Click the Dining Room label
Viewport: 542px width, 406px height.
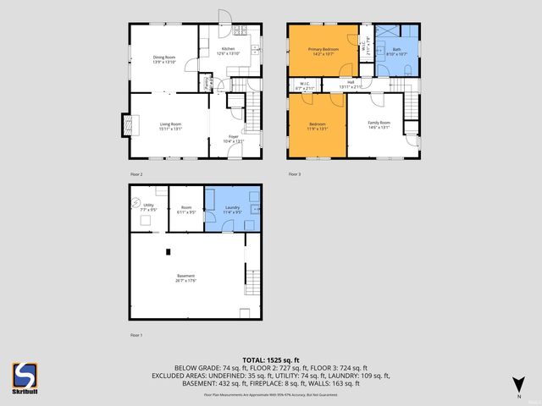click(163, 58)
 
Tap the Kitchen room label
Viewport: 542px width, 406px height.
click(229, 49)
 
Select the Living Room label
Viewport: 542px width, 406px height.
click(171, 124)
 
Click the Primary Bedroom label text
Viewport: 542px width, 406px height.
click(323, 50)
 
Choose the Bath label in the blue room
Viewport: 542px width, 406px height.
click(396, 50)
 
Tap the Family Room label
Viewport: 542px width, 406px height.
click(378, 123)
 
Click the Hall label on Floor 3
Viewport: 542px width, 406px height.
click(350, 83)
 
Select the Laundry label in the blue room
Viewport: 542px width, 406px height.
click(231, 207)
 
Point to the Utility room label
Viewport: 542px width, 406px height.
click(148, 205)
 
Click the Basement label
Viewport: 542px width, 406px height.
click(186, 277)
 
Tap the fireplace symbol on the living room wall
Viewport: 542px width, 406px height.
click(130, 124)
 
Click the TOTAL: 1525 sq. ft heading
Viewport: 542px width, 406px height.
click(271, 359)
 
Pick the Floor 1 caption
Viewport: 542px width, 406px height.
click(136, 335)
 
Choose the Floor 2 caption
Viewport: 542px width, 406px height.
click(136, 173)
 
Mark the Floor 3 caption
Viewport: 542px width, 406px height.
click(295, 173)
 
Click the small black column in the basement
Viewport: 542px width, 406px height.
click(168, 250)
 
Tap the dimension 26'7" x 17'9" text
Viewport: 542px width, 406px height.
click(186, 282)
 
